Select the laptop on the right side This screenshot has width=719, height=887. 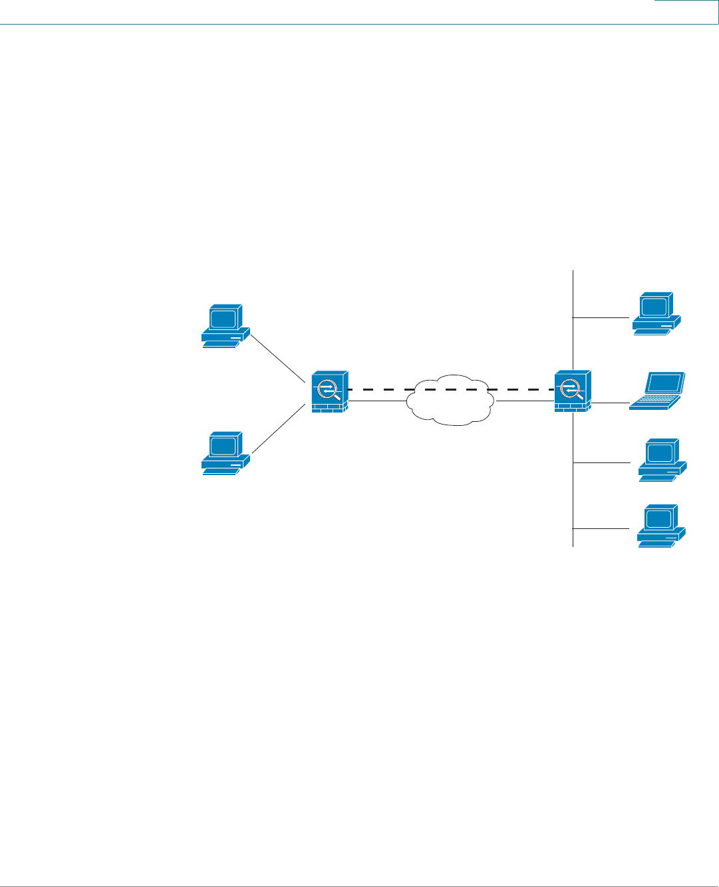click(x=658, y=391)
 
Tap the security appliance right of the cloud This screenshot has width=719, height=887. click(x=572, y=391)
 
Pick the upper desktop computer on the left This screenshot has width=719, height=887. click(x=225, y=327)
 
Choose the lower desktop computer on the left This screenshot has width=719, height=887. click(x=225, y=453)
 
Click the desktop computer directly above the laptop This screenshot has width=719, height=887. click(x=656, y=313)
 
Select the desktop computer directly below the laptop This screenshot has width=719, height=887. click(x=662, y=460)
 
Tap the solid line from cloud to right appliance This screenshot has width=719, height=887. click(x=525, y=401)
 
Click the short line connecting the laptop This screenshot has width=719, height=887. click(x=609, y=403)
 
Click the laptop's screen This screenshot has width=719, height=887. click(x=666, y=383)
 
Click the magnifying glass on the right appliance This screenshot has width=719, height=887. click(x=571, y=388)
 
